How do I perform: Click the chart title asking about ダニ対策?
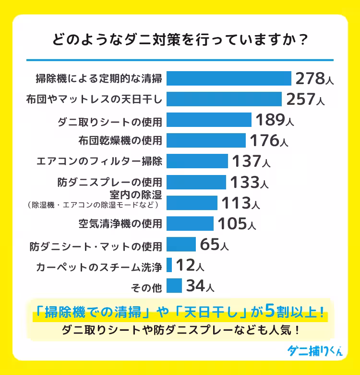pyautogui.click(x=180, y=40)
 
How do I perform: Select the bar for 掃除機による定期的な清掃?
pyautogui.click(x=229, y=78)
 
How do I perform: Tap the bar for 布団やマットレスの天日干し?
pyautogui.click(x=224, y=99)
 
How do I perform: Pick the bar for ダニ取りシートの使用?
pyautogui.click(x=209, y=120)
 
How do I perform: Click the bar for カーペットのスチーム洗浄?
pyautogui.click(x=169, y=265)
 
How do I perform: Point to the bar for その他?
pyautogui.click(x=174, y=286)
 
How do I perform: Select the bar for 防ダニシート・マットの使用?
pyautogui.click(x=181, y=244)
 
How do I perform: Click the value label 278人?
pyautogui.click(x=314, y=78)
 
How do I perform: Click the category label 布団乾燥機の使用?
pyautogui.click(x=120, y=140)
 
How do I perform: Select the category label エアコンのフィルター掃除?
pyautogui.click(x=100, y=161)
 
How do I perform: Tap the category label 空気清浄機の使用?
pyautogui.click(x=120, y=224)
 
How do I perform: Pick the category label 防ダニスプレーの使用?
pyautogui.click(x=110, y=182)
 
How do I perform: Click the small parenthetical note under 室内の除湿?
pyautogui.click(x=93, y=205)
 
